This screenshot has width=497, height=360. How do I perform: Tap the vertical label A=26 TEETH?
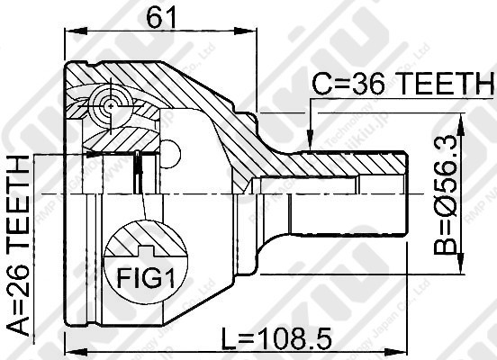[x=18, y=246]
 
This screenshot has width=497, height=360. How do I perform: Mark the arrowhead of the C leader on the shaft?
[x=309, y=144]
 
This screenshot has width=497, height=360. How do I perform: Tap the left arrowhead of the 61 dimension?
[x=70, y=31]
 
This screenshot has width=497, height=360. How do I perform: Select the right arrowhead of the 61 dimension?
[x=252, y=31]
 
